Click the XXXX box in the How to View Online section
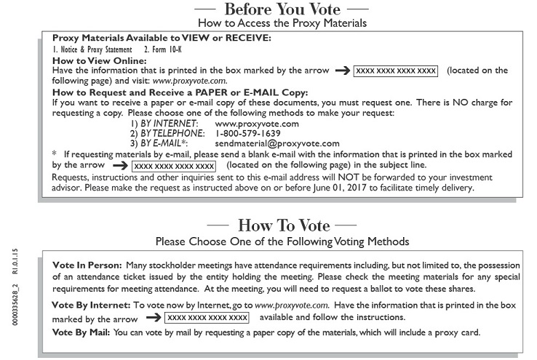pos(396,71)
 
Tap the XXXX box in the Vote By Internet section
pos(207,318)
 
